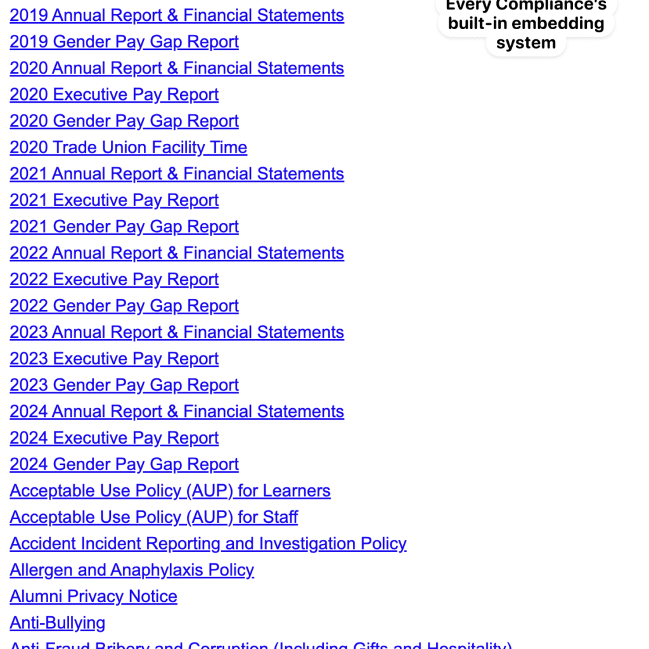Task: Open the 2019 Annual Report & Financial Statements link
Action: [177, 15]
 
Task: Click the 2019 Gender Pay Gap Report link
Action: [124, 42]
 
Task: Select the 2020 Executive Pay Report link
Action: [114, 94]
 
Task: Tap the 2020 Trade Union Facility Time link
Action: [128, 148]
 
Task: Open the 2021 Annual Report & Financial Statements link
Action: [177, 174]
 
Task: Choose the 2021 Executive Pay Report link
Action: [114, 200]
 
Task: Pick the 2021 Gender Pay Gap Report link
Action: [124, 227]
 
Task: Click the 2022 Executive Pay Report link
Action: [114, 280]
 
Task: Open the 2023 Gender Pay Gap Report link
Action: [124, 385]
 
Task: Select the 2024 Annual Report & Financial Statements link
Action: [177, 411]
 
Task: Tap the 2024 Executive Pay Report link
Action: [114, 438]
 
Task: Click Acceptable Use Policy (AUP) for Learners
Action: [170, 491]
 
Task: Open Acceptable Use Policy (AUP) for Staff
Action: [153, 517]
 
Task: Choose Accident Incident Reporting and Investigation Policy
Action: [208, 544]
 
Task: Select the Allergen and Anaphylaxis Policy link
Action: [132, 570]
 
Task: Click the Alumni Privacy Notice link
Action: [93, 596]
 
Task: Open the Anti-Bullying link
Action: [58, 623]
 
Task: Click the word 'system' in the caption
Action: [526, 43]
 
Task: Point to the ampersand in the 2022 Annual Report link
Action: [172, 254]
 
